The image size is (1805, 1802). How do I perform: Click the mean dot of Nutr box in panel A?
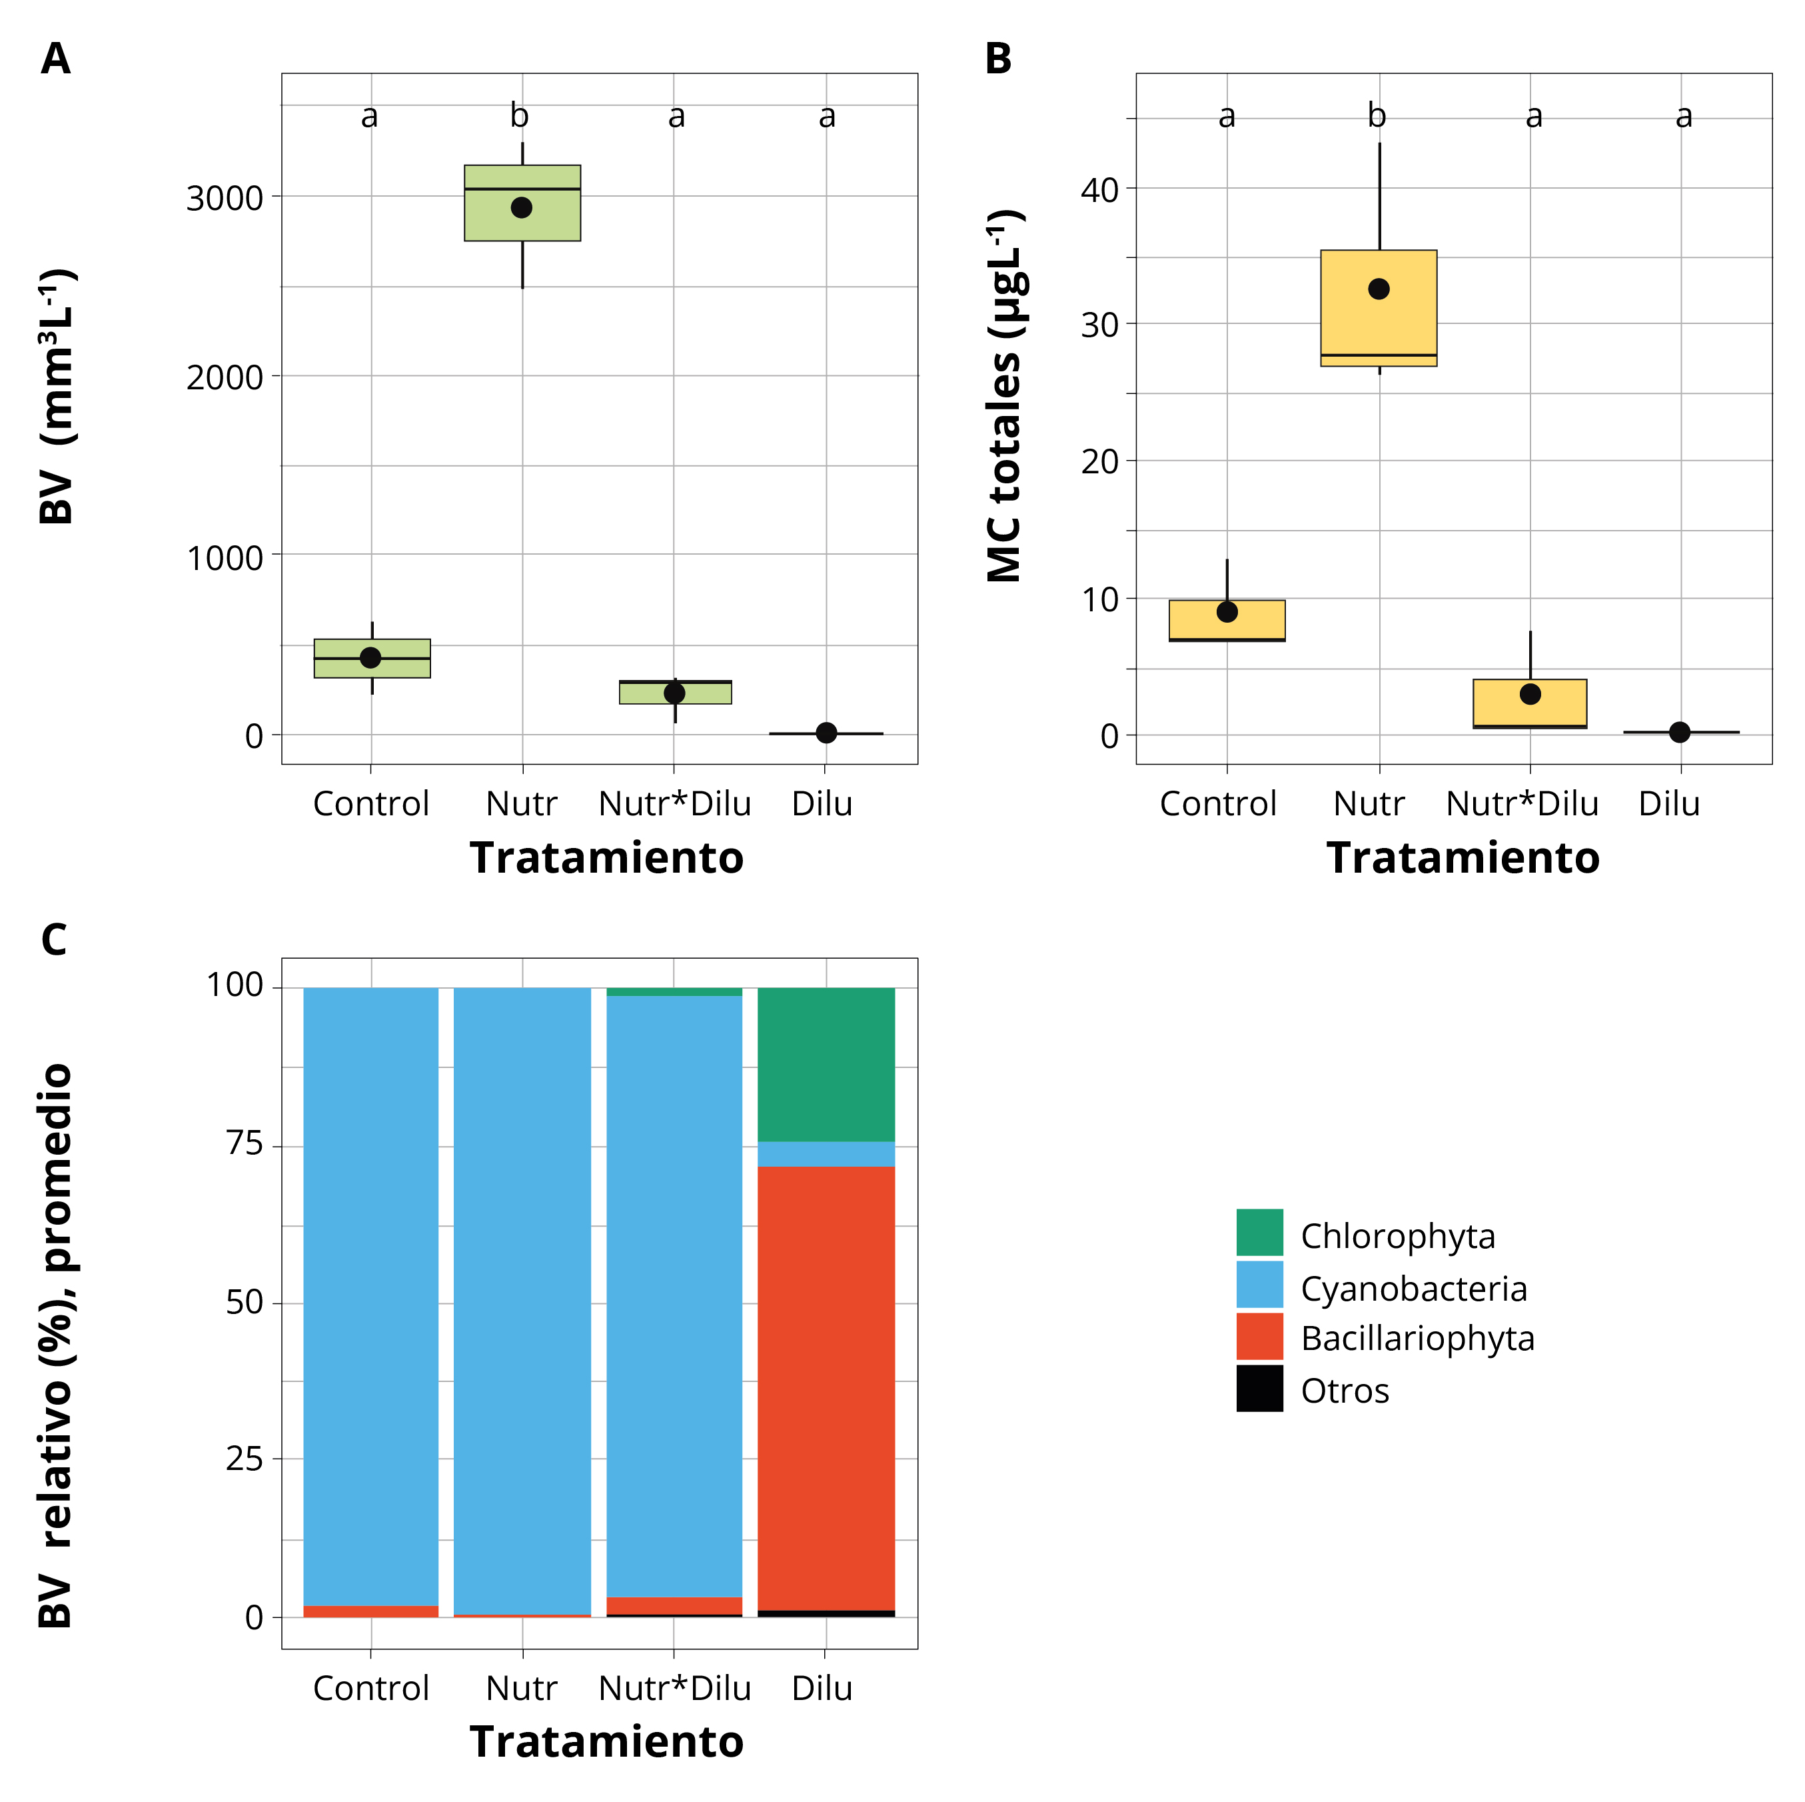click(x=521, y=207)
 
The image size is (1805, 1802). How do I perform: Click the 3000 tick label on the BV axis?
click(x=225, y=198)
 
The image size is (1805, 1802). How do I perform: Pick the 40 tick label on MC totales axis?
click(x=1099, y=191)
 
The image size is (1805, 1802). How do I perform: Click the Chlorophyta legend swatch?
click(x=1259, y=1232)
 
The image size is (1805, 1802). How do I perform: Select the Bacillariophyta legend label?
click(x=1417, y=1339)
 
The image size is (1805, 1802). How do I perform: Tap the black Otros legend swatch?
click(x=1259, y=1388)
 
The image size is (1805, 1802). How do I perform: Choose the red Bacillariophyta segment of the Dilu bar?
click(x=826, y=1383)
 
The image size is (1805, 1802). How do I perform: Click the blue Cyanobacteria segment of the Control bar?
click(x=371, y=1290)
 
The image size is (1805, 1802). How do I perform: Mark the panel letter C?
click(x=54, y=939)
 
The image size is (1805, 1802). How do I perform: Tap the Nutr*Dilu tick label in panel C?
click(x=674, y=1688)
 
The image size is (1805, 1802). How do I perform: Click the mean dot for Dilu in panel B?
click(x=1679, y=732)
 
